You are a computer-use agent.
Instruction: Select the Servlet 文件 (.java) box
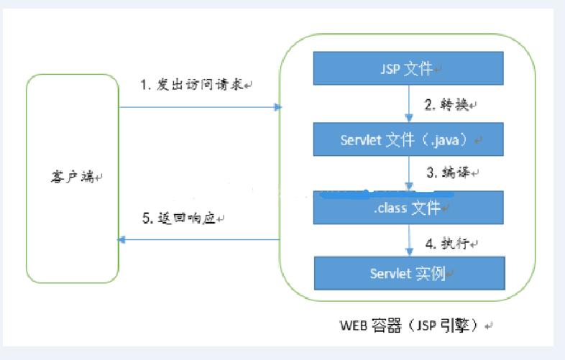408,139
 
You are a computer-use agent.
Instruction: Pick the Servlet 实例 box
408,273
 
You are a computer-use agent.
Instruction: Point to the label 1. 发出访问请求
193,85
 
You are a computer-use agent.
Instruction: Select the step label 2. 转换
448,105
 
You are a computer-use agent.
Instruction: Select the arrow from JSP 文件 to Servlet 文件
408,104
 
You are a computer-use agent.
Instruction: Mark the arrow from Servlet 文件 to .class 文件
408,173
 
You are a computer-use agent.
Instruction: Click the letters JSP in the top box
390,70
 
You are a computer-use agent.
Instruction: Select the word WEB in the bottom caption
353,325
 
